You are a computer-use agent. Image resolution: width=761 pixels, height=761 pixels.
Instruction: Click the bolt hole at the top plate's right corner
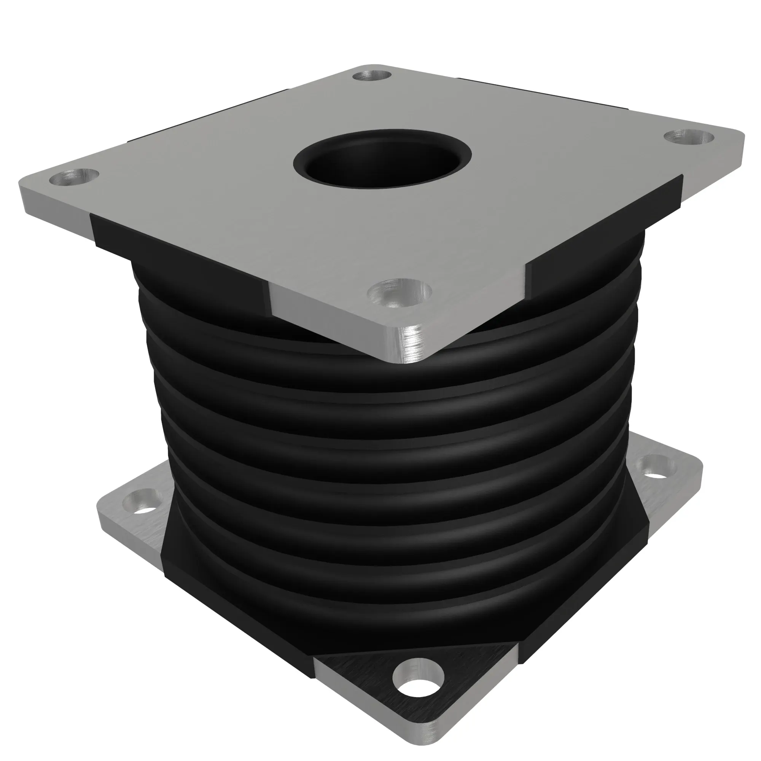pos(689,137)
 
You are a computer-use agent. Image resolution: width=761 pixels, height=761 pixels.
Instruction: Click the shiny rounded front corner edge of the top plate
pos(410,347)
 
